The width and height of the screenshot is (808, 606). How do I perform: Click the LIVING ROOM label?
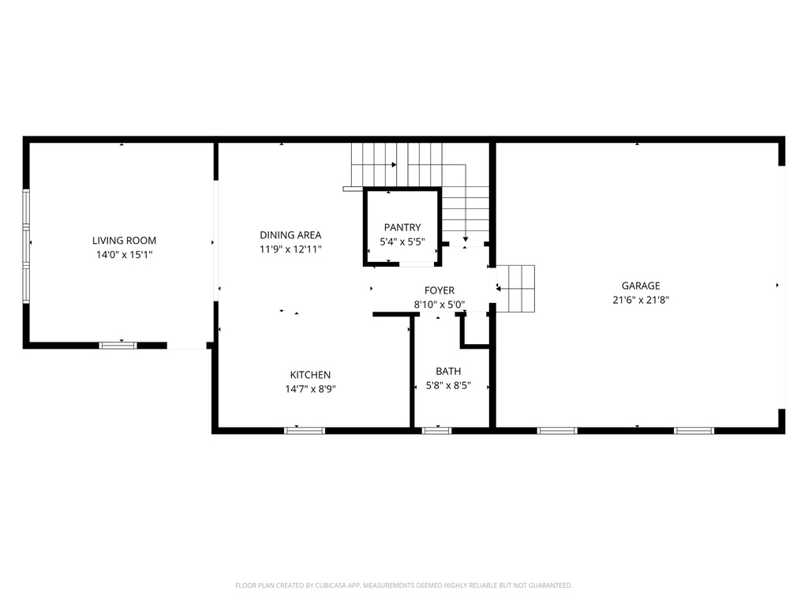coord(124,241)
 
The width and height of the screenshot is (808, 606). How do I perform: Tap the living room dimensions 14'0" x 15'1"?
coord(124,255)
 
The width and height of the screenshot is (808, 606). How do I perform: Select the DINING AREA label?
coord(290,234)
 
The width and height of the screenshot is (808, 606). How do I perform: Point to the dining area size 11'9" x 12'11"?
coord(290,249)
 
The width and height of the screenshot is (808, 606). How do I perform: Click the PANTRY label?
coord(402,227)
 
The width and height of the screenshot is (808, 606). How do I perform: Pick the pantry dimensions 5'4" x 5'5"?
coord(402,242)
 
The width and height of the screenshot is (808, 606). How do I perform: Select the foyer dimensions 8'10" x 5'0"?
coord(440,305)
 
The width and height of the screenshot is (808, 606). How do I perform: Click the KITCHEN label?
coord(310,375)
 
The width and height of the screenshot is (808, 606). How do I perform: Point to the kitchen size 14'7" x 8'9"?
coord(310,388)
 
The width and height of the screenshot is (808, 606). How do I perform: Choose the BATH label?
coord(448,371)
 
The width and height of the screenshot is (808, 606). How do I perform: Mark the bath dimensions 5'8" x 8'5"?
coord(448,385)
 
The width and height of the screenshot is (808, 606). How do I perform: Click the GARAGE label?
coord(641,286)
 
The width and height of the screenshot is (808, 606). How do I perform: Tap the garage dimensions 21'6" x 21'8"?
coord(641,300)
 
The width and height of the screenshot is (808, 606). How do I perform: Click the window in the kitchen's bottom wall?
coord(305,430)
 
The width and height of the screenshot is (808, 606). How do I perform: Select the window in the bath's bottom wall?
coord(437,430)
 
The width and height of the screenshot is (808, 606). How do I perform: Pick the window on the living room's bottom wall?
coord(118,345)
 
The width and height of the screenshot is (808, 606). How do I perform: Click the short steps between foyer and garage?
coord(518,289)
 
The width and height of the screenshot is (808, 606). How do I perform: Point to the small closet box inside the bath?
coord(476,329)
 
